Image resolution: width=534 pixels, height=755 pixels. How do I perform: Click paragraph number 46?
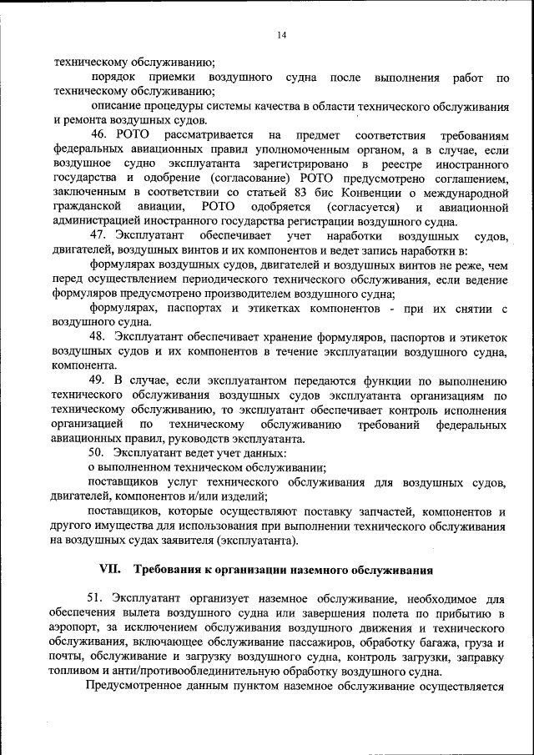(101, 135)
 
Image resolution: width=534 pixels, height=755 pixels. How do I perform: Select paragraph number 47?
(101, 236)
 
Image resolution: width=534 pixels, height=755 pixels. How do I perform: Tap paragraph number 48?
(101, 336)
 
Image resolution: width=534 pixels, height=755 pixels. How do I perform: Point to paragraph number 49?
(101, 381)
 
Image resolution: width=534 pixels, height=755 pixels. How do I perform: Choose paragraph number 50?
(101, 453)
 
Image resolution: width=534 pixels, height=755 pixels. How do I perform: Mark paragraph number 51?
(101, 599)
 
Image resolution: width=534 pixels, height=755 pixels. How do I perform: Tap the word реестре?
(389, 164)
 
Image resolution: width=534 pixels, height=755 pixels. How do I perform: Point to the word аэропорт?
(76, 628)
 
